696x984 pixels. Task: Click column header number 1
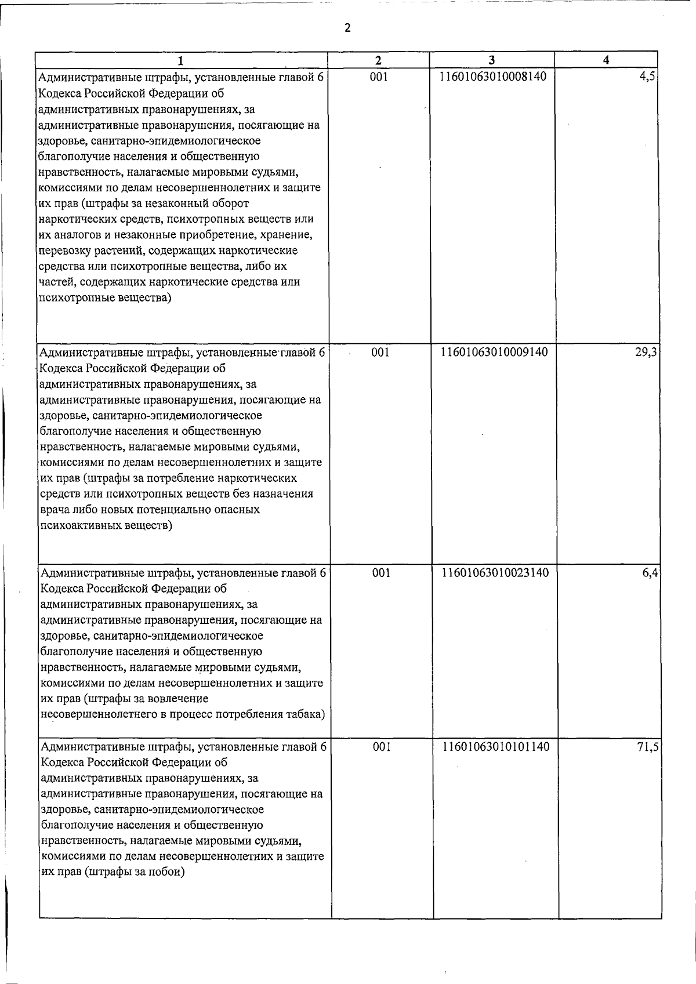(x=182, y=60)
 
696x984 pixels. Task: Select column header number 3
(x=491, y=60)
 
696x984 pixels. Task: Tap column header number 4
(x=606, y=60)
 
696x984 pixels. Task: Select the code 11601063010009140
(x=494, y=352)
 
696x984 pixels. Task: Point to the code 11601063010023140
(x=495, y=573)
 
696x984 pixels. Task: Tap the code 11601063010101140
(x=496, y=746)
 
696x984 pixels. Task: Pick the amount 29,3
(x=646, y=353)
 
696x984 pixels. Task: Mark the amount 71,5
(x=648, y=747)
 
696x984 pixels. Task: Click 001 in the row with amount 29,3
(x=380, y=352)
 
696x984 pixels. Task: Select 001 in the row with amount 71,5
(x=381, y=746)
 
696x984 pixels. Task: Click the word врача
(x=56, y=510)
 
